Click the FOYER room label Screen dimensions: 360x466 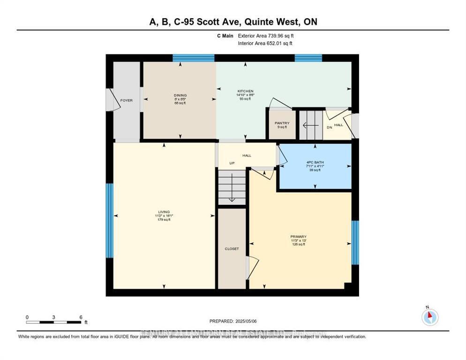click(x=127, y=100)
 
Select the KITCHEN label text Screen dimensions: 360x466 click(x=245, y=91)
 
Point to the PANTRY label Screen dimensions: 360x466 click(x=282, y=123)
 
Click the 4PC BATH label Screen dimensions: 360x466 click(x=314, y=163)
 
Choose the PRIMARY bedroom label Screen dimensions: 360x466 click(x=298, y=237)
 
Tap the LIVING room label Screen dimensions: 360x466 click(x=164, y=212)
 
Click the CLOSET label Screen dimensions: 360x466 click(x=232, y=249)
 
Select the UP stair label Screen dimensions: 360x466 click(x=232, y=163)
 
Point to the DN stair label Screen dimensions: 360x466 click(x=329, y=127)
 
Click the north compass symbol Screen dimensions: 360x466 click(x=429, y=317)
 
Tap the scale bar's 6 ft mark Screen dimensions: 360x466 click(x=81, y=317)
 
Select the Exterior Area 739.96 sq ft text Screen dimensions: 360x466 click(x=266, y=36)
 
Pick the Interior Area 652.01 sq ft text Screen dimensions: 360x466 click(x=265, y=43)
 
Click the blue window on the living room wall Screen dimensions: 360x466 click(x=109, y=220)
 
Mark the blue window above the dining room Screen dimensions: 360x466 click(x=193, y=58)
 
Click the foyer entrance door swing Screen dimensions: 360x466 click(x=111, y=100)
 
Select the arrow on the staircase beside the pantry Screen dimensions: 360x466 click(x=309, y=125)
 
